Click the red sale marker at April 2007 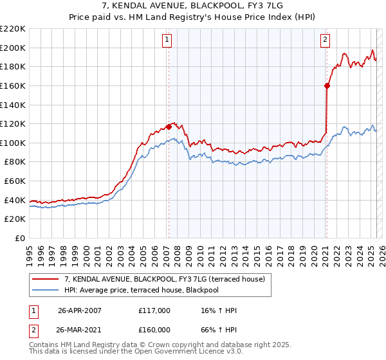[169, 126]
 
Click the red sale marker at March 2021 [327, 85]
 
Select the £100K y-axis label [14, 143]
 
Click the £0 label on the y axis [20, 239]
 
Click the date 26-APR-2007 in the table [80, 310]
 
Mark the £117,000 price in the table [154, 310]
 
